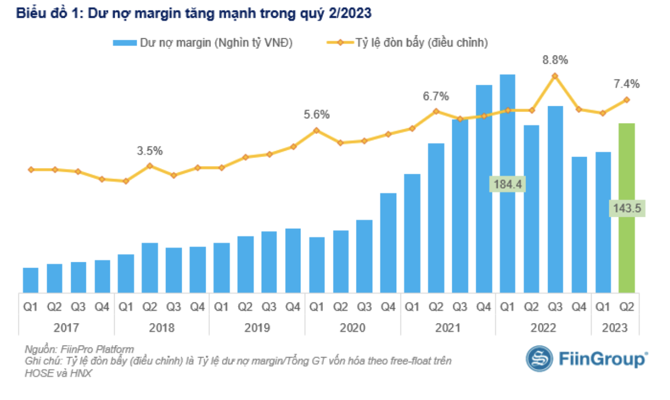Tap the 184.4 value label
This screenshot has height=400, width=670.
507,184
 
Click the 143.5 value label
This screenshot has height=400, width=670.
627,208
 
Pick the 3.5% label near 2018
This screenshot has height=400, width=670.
150,151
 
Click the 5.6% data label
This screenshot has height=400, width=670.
316,114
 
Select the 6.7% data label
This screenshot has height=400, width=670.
435,96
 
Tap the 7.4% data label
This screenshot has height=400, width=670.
627,84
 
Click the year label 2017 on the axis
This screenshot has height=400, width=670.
66,328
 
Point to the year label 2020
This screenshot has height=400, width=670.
353,328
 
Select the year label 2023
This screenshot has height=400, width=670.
615,328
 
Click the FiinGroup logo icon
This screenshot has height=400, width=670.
539,359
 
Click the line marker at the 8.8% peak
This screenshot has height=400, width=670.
555,75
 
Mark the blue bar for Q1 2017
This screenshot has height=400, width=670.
30,280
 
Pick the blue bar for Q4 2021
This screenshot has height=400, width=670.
484,188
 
